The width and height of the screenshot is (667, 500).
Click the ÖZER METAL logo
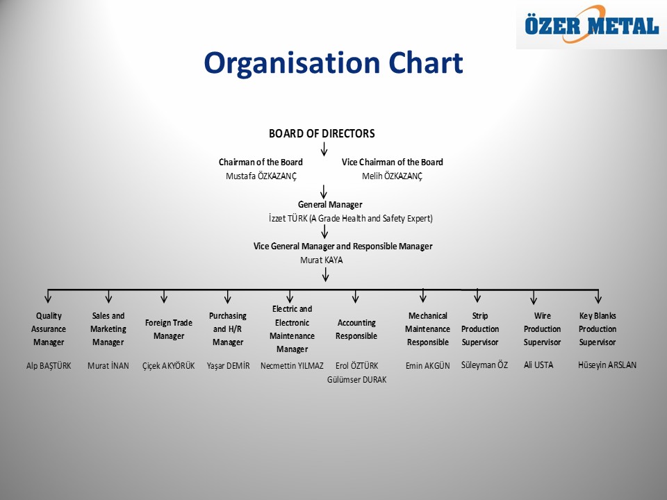(591, 25)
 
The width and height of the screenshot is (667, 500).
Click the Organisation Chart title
(333, 63)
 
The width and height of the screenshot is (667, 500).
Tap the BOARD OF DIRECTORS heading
(322, 133)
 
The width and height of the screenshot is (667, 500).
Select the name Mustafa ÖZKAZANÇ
(261, 176)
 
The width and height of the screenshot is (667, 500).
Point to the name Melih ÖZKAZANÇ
(392, 176)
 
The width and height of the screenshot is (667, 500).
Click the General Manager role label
(330, 204)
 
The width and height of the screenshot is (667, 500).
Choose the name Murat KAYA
(322, 260)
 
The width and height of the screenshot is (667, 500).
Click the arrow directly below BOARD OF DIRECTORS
(324, 149)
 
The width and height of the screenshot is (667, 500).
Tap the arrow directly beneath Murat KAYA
(325, 275)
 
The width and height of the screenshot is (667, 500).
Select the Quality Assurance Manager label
(49, 329)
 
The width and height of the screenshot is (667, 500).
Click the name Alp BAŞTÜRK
(49, 366)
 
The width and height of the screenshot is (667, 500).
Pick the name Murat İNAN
(108, 366)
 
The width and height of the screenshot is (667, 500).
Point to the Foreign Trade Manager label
(168, 329)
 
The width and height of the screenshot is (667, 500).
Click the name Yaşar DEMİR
(228, 366)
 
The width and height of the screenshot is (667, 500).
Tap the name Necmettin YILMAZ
(292, 366)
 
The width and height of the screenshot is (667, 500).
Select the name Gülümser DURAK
(356, 380)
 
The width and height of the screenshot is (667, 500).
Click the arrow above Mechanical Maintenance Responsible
(423, 295)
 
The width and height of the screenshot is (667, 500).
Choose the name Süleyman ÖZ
(484, 365)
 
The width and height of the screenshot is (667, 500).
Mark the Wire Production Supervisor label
(542, 329)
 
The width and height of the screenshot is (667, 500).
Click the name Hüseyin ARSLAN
(607, 365)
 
